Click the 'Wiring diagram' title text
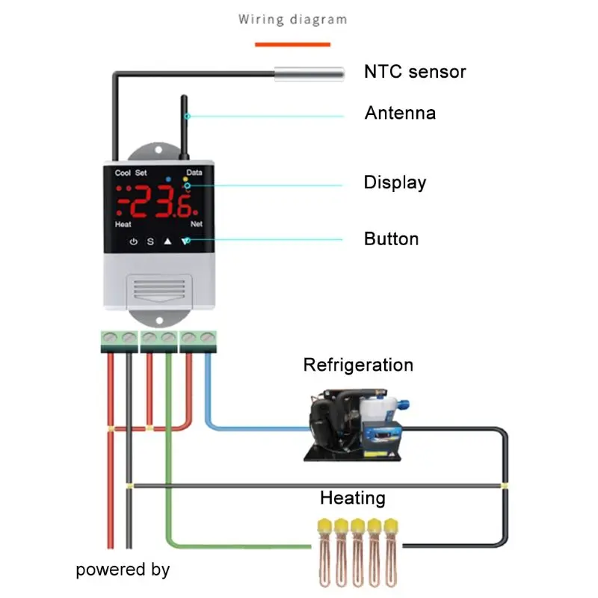pyautogui.click(x=292, y=19)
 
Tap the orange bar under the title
pyautogui.click(x=292, y=44)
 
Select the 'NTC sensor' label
pyautogui.click(x=415, y=72)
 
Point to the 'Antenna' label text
pyautogui.click(x=400, y=114)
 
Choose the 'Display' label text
pyautogui.click(x=395, y=182)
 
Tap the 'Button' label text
pyautogui.click(x=391, y=239)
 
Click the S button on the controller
pyautogui.click(x=150, y=241)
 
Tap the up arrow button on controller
pyautogui.click(x=168, y=241)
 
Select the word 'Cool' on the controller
pyautogui.click(x=123, y=173)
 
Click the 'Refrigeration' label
pyautogui.click(x=358, y=365)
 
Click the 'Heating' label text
pyautogui.click(x=353, y=498)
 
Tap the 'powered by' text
pyautogui.click(x=123, y=570)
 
